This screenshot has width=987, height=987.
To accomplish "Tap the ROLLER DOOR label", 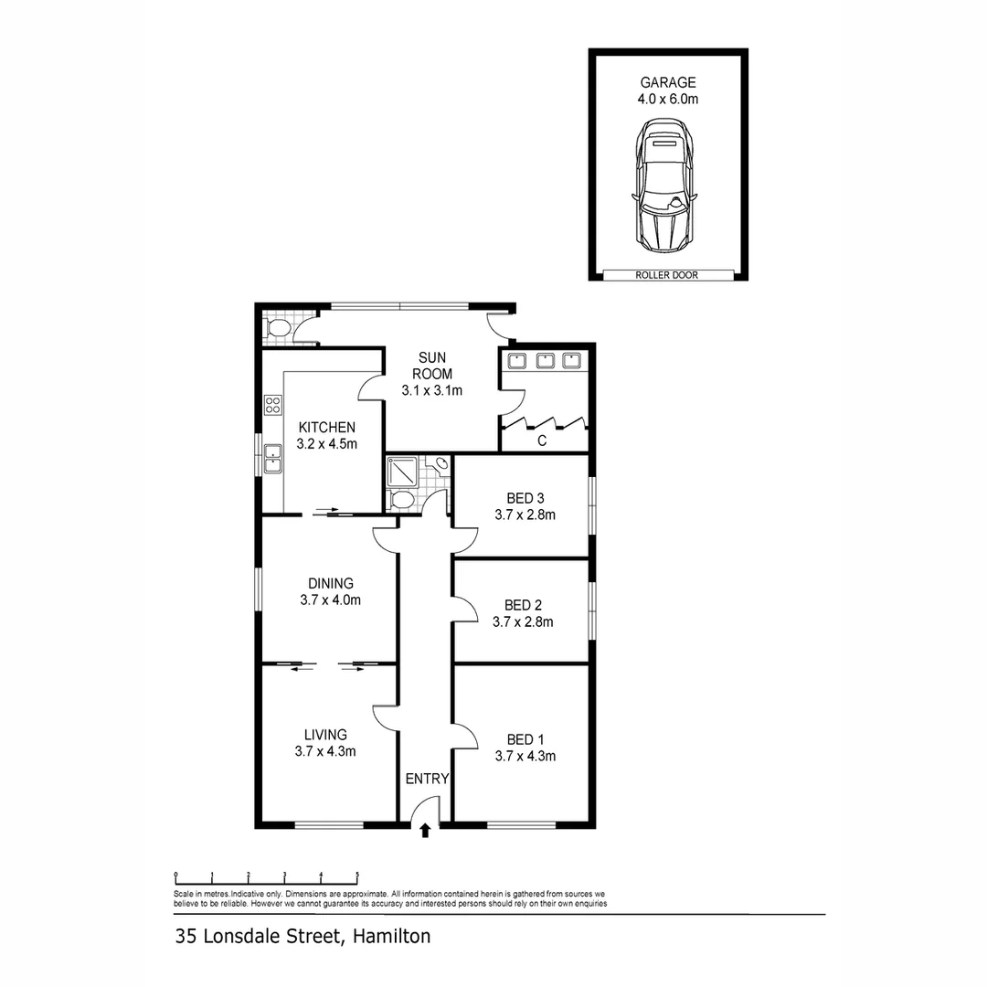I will click(x=668, y=275).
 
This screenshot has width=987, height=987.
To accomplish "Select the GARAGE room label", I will click(x=668, y=83).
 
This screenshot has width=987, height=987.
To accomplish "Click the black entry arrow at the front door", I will click(x=425, y=830).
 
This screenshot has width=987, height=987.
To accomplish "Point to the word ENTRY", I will click(x=427, y=780).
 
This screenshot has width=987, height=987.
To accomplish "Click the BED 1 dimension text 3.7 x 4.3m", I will click(x=525, y=756).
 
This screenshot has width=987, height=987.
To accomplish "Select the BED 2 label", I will click(x=524, y=605).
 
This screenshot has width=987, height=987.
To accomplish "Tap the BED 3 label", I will click(x=525, y=498).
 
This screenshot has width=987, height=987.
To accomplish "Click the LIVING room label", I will click(x=325, y=735).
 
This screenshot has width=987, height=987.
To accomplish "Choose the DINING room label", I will click(x=330, y=583).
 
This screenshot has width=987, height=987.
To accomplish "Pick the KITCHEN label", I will click(x=326, y=427).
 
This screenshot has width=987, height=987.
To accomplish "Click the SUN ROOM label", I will click(x=432, y=366).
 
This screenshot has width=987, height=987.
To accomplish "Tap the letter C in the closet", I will click(x=542, y=440).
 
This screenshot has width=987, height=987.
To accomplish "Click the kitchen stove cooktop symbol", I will click(x=271, y=405).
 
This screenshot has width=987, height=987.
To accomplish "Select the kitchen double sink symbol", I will click(x=271, y=458).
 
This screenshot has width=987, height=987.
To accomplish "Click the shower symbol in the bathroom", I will click(x=403, y=472).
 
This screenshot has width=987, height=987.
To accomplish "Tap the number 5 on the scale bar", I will click(x=357, y=875).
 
